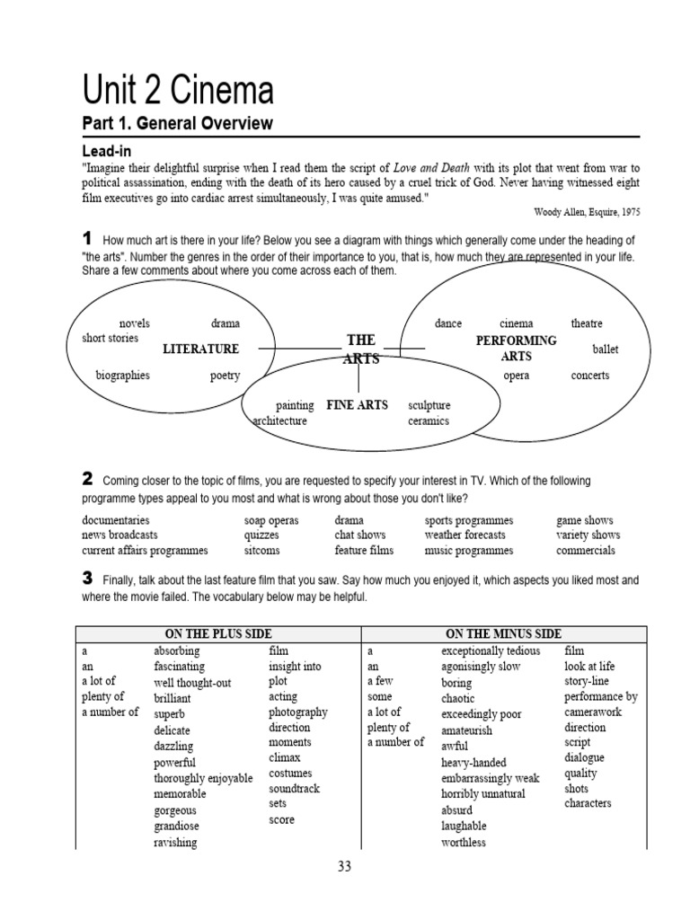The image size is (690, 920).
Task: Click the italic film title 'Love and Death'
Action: click(432, 168)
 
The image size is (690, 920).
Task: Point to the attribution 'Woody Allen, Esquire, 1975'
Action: click(586, 212)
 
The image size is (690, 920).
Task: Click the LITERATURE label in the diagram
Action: click(200, 349)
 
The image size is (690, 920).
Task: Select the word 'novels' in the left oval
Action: click(135, 323)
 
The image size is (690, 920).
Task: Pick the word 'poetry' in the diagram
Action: click(225, 376)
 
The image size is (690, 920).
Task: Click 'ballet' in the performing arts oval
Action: click(605, 349)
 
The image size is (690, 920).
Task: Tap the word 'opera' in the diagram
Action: click(516, 376)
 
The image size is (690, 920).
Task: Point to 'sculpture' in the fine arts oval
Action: click(429, 405)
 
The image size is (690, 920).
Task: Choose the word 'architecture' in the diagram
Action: click(280, 420)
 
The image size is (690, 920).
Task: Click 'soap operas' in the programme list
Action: click(271, 520)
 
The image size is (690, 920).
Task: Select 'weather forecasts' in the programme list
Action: click(464, 535)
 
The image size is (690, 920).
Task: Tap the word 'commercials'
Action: click(585, 551)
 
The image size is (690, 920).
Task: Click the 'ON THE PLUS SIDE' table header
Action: click(218, 634)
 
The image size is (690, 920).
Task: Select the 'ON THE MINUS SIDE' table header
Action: click(503, 634)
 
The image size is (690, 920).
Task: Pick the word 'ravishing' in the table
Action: click(175, 843)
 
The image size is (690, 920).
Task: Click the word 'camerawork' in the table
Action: click(594, 712)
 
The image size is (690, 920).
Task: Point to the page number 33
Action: click(345, 867)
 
